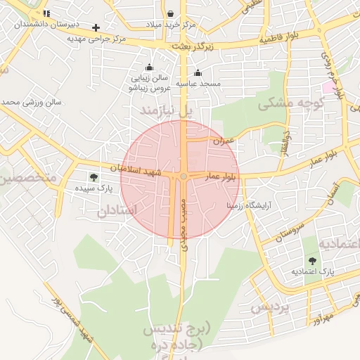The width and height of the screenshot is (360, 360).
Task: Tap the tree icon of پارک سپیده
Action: [x=94, y=176]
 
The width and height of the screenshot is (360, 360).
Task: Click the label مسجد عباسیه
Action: [x=198, y=84]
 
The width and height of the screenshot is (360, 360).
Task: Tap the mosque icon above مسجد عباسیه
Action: [x=198, y=72]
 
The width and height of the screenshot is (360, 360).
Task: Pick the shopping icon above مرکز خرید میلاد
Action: [x=172, y=13]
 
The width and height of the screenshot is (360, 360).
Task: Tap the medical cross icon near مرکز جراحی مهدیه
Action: [x=96, y=27]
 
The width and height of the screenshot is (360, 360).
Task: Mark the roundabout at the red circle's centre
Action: [x=184, y=176]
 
